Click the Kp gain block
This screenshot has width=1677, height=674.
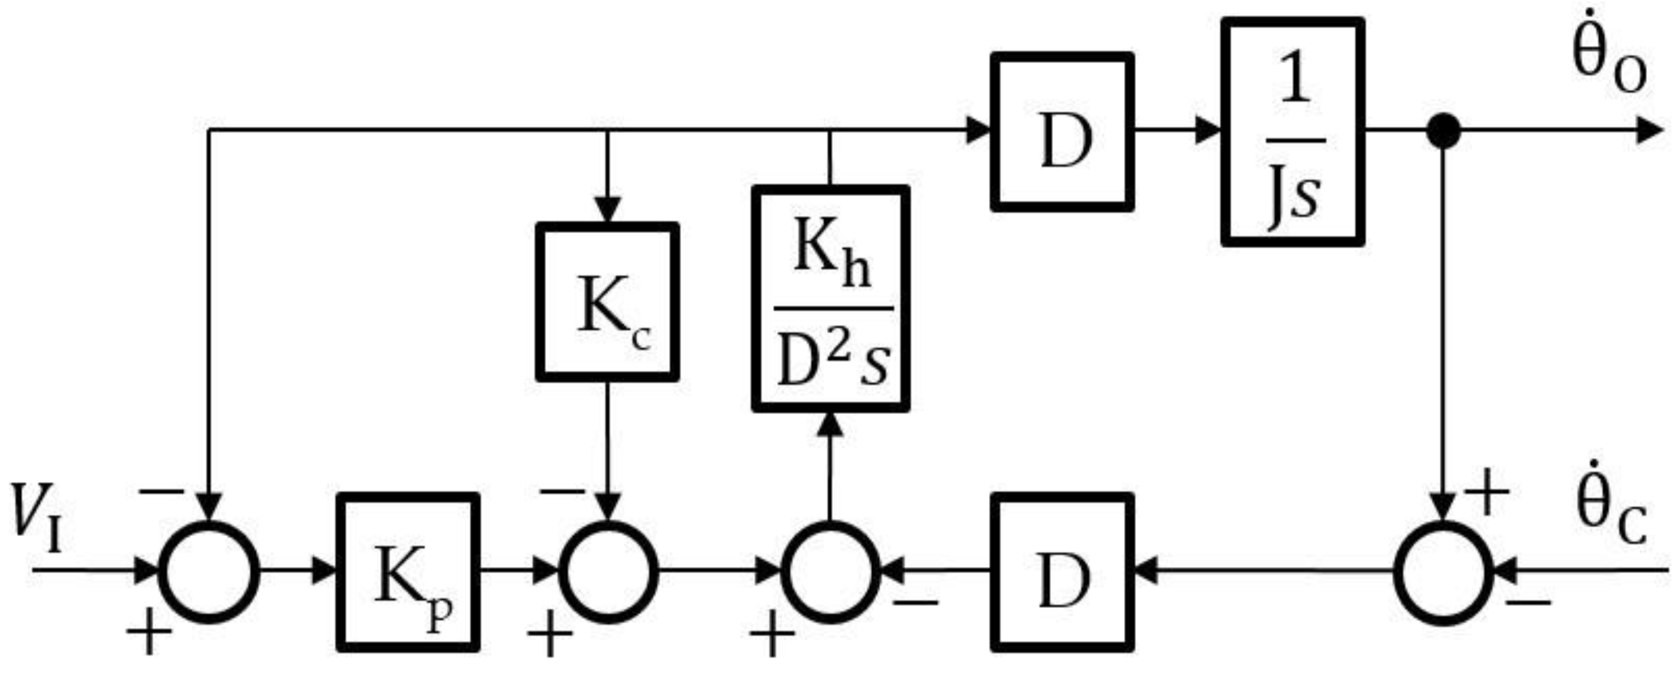pos(408,573)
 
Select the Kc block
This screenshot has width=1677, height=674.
pos(607,302)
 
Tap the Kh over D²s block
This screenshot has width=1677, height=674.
pos(831,300)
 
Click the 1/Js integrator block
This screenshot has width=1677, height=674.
pos(1293,132)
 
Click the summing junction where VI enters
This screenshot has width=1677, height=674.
pos(209,573)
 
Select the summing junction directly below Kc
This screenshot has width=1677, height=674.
pos(608,573)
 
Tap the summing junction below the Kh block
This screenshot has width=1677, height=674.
pos(830,573)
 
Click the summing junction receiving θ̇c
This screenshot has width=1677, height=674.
pos(1443,573)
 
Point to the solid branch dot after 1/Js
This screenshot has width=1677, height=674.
pos(1443,131)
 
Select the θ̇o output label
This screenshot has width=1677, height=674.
pos(1608,68)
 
